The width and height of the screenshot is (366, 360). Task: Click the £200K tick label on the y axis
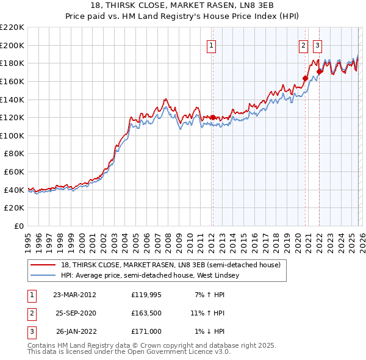click(12, 45)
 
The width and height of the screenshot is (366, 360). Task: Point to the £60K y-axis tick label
click(14, 172)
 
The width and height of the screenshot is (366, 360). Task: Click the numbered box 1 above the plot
click(211, 45)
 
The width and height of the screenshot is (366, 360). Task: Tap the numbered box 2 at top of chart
click(303, 45)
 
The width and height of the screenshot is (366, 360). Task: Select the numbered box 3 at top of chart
click(317, 45)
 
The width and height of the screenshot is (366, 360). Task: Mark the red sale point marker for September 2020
click(305, 78)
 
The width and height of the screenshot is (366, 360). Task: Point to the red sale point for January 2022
click(319, 71)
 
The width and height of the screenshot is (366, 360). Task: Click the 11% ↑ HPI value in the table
click(207, 313)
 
